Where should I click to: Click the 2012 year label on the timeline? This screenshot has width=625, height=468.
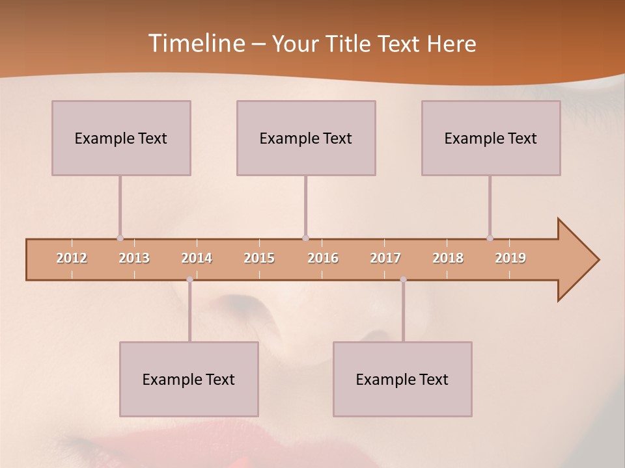pos(72,259)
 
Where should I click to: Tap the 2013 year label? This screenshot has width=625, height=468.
pos(134,259)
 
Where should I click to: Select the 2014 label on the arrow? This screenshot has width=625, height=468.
pos(197,259)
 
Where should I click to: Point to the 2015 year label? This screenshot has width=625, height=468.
pos(259,259)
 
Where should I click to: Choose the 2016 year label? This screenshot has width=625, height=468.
pos(323,259)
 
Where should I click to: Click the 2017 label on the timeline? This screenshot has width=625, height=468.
pos(385,259)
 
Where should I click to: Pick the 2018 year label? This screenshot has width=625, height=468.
pos(448,259)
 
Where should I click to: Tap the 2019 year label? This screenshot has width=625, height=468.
pos(510,259)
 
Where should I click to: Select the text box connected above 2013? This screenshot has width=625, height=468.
pos(121,138)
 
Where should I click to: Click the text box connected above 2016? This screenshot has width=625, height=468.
pos(306,138)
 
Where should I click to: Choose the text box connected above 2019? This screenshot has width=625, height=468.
pos(491,138)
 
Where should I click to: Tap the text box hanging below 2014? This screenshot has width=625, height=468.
pos(189,379)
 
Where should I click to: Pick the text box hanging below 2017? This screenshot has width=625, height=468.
pos(402,379)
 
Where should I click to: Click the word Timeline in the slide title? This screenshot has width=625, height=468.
pos(196,44)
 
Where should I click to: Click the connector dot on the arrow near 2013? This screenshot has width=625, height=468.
pos(120,239)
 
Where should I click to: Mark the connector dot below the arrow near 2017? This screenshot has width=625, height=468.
pos(403,279)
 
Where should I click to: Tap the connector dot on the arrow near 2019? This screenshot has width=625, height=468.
pos(490,239)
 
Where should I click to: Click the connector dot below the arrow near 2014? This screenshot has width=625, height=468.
pos(189,279)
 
